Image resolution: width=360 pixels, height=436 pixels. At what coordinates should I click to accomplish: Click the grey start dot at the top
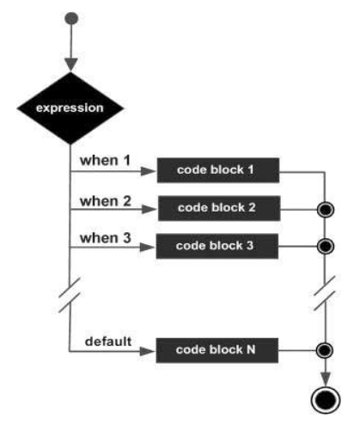pyautogui.click(x=71, y=18)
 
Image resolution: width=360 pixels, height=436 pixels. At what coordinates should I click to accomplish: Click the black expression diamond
pyautogui.click(x=70, y=108)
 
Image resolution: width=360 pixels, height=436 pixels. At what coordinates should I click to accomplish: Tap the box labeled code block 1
pyautogui.click(x=218, y=170)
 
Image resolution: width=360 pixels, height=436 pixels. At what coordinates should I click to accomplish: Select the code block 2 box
pyautogui.click(x=219, y=208)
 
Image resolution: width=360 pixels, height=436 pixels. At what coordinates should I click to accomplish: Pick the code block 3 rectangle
pyautogui.click(x=217, y=246)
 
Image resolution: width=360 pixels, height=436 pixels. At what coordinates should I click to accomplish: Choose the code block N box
pyautogui.click(x=217, y=350)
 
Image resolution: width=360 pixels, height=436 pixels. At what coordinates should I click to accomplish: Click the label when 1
pyautogui.click(x=105, y=160)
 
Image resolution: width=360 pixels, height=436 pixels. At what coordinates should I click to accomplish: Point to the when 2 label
pyautogui.click(x=106, y=201)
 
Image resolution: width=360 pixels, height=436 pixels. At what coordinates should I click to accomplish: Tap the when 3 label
pyautogui.click(x=106, y=238)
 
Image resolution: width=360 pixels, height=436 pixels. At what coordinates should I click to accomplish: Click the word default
pyautogui.click(x=108, y=341)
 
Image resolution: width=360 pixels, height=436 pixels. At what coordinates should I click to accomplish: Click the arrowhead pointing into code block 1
pyautogui.click(x=149, y=171)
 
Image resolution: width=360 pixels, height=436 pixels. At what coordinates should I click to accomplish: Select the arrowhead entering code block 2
pyautogui.click(x=149, y=209)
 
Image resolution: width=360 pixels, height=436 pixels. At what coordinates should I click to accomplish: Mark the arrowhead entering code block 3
pyautogui.click(x=148, y=247)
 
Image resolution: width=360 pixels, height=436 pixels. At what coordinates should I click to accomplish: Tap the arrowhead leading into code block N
pyautogui.click(x=148, y=352)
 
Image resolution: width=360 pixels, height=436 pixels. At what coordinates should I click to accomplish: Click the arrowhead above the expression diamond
pyautogui.click(x=71, y=64)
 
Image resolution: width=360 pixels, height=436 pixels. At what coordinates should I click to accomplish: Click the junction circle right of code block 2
pyautogui.click(x=326, y=210)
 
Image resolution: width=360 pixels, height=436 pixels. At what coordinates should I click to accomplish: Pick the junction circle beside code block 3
pyautogui.click(x=326, y=246)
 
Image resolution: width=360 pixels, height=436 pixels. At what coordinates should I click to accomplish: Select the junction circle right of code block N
pyautogui.click(x=325, y=350)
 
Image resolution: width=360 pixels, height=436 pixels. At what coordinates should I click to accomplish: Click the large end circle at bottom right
pyautogui.click(x=326, y=400)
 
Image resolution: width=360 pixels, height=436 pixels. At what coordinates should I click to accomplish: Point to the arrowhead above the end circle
pyautogui.click(x=326, y=379)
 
